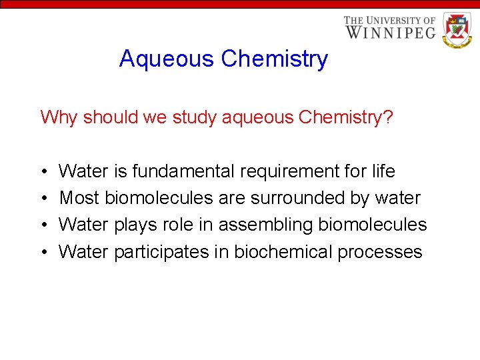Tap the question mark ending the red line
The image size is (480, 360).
(x=389, y=117)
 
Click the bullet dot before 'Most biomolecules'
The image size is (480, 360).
(x=43, y=199)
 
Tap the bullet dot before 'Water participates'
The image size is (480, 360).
(x=43, y=253)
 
